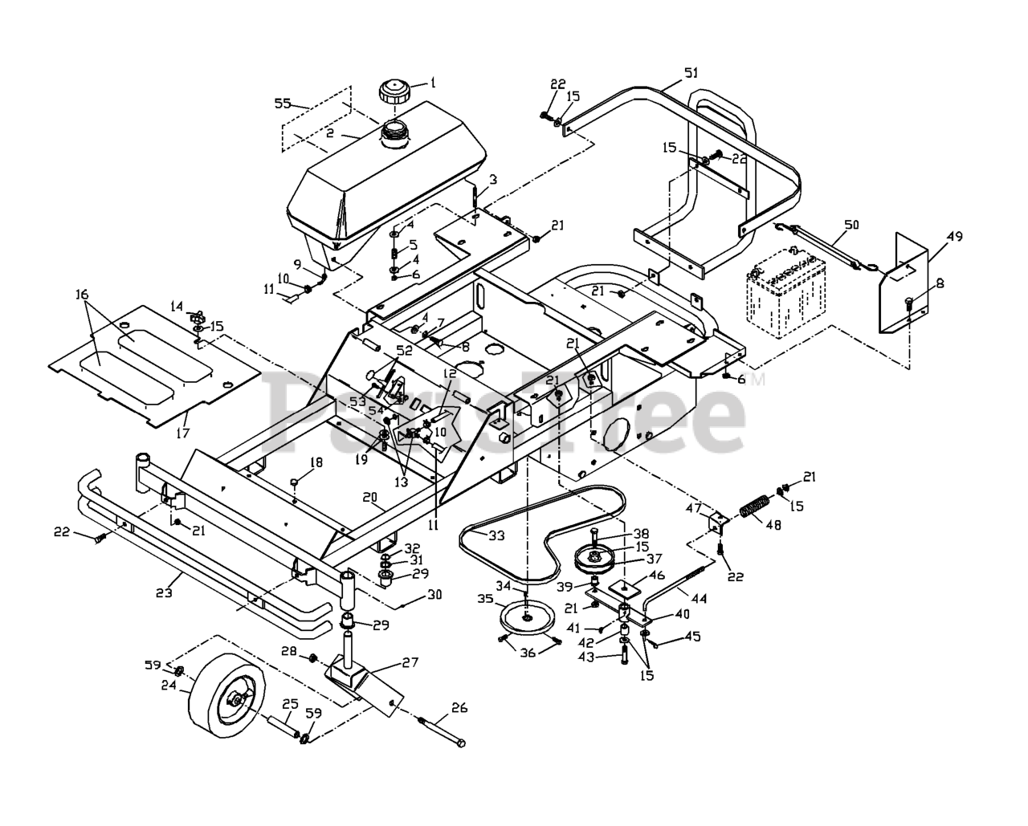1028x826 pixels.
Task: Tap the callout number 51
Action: (691, 73)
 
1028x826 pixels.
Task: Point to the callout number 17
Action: (184, 433)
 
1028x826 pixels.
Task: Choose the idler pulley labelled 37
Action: (596, 559)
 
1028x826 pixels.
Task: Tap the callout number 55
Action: (283, 103)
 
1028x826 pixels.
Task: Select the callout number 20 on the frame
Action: (369, 498)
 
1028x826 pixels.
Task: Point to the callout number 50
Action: (851, 226)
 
